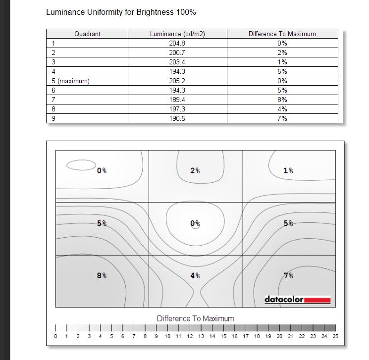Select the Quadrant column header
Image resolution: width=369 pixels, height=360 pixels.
(87, 34)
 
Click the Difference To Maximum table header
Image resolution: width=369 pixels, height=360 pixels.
(282, 34)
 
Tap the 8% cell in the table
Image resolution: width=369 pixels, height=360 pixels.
(282, 100)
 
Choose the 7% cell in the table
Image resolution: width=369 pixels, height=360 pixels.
(282, 119)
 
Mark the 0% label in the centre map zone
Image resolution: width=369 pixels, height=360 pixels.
(195, 223)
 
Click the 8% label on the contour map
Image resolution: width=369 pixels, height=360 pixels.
(102, 275)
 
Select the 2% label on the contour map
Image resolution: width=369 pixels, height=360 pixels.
(195, 170)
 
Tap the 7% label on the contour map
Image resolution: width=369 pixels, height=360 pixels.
(288, 275)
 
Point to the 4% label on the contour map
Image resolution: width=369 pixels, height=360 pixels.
(195, 275)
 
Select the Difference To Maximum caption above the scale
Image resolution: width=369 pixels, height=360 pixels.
(195, 318)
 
